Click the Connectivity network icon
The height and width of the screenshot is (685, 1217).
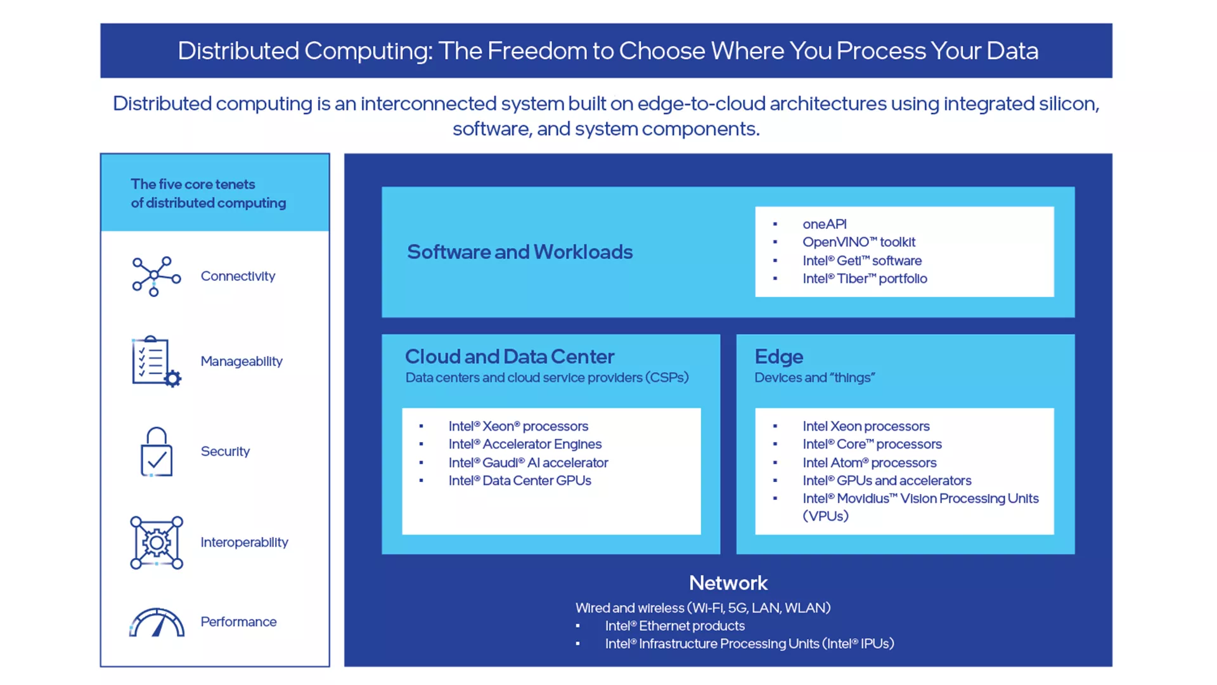click(x=156, y=277)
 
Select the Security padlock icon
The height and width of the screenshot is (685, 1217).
click(x=156, y=452)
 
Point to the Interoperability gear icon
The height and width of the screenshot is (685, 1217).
click(x=157, y=543)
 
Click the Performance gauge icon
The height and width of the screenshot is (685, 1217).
click(x=157, y=622)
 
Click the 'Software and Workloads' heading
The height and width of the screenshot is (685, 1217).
click(x=520, y=252)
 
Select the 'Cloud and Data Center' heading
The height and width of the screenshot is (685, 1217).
click(x=510, y=356)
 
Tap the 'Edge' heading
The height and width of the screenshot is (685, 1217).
click(x=778, y=356)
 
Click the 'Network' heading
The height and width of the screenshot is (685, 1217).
click(x=728, y=583)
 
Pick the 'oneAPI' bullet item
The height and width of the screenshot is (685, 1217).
click(x=824, y=224)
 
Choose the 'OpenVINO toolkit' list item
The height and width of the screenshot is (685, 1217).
click(x=858, y=242)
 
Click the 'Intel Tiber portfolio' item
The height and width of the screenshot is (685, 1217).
click(x=865, y=278)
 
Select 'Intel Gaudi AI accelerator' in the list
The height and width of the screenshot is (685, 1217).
click(x=528, y=462)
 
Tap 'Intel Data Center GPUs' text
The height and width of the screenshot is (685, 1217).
click(x=520, y=480)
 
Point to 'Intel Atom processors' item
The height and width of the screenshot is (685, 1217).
click(x=869, y=462)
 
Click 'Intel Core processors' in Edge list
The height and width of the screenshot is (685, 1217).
click(x=872, y=444)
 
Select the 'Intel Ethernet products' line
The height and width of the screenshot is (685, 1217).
click(x=674, y=625)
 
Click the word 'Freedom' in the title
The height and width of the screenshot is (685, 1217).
click(x=537, y=51)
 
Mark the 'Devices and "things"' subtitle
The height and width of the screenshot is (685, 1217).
click(x=815, y=377)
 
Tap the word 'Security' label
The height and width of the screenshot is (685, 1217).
click(x=225, y=451)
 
